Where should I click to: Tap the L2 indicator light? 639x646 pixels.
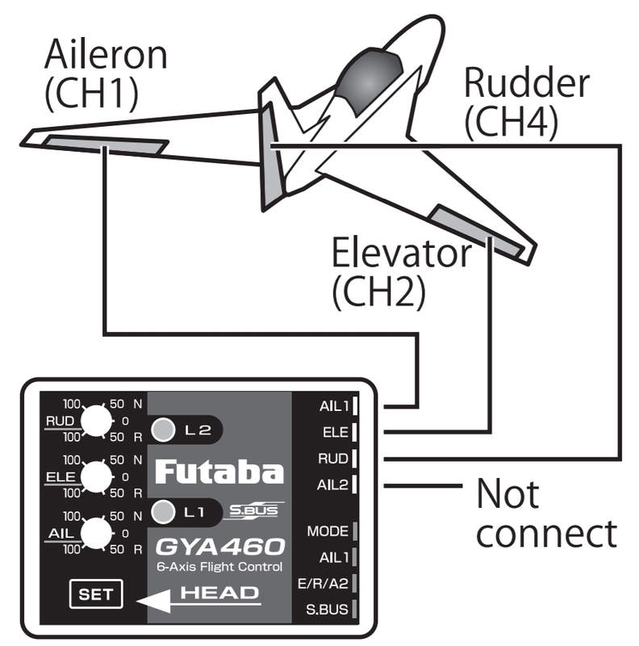163,430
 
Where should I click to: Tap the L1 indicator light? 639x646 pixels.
163,510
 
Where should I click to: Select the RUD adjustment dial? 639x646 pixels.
97,420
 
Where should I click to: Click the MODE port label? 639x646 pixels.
328,531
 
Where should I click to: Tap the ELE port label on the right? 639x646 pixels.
335,432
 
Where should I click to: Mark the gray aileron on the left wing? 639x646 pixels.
104,145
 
